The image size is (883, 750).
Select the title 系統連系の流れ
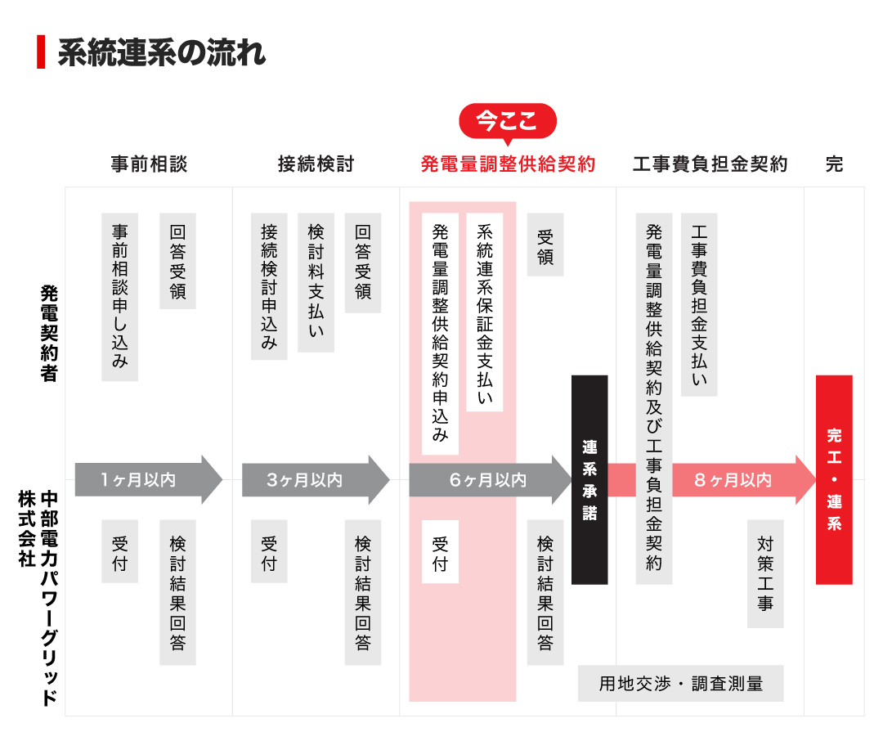coord(161,52)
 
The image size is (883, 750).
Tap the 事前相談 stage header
coord(149,164)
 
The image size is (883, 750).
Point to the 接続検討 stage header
coord(316,164)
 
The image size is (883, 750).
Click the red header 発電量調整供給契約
coord(508,164)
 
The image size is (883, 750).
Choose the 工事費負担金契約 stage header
coord(710,164)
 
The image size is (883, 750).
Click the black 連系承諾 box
coord(589,479)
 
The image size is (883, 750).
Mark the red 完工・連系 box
coord(834,479)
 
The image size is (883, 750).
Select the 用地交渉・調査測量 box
coord(680,684)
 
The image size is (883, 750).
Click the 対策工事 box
coord(765,573)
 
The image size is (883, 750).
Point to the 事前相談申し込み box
coord(119,297)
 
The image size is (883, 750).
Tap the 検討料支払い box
coord(316,282)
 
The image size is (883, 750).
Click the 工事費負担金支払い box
coord(699,304)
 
